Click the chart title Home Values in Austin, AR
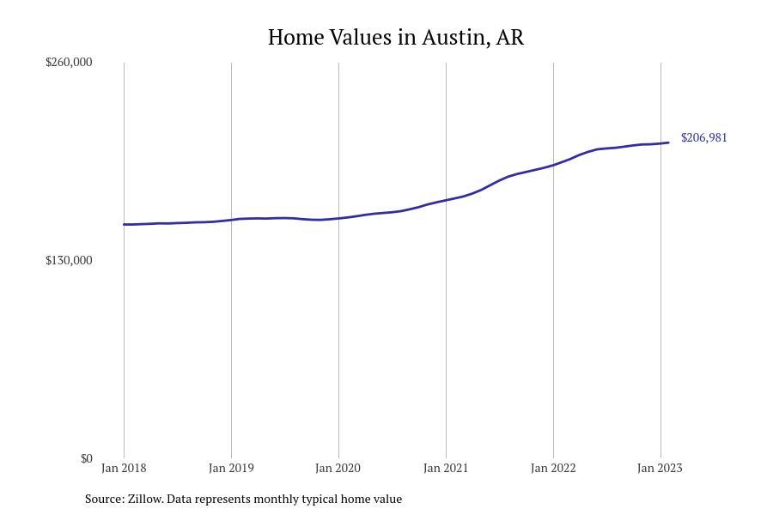coord(395,38)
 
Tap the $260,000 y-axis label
coord(69,62)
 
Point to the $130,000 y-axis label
coord(69,260)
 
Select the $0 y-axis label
coord(86,458)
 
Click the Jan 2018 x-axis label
coord(124,468)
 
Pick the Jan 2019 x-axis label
coord(231,468)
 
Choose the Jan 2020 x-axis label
coord(338,468)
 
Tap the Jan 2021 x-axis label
coord(446,468)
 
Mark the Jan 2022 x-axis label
coord(553,468)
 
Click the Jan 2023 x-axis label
coord(660,468)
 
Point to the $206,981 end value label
coord(703,137)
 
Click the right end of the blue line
coord(668,142)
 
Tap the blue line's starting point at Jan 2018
coord(125,224)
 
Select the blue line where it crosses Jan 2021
coord(446,200)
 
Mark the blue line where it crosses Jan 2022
coord(553,165)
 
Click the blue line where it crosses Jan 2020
coord(338,218)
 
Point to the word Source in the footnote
coord(104,499)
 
